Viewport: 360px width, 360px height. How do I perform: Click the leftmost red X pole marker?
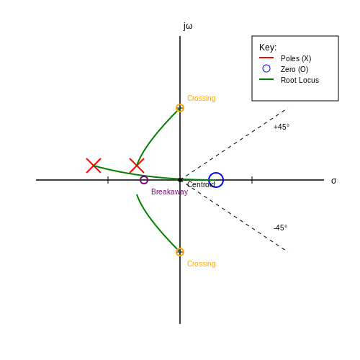point(94,166)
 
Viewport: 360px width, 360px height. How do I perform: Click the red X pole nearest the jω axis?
point(137,166)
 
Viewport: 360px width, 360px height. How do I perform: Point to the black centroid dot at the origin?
point(180,180)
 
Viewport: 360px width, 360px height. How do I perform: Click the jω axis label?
point(188,26)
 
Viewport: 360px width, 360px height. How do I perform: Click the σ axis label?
point(333,181)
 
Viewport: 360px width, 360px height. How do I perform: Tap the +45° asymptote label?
point(282,127)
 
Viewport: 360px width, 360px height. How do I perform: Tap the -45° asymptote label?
point(280,228)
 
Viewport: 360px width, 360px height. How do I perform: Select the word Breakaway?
point(169,192)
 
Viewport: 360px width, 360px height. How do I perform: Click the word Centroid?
point(201,184)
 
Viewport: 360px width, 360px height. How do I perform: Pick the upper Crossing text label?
point(202,98)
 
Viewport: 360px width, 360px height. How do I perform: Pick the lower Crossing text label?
point(202,264)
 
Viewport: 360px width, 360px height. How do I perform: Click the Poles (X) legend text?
point(296,58)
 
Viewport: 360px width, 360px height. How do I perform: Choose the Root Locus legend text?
point(300,80)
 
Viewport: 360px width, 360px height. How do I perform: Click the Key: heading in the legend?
point(268,48)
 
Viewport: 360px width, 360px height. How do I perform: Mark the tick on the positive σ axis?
point(252,180)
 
